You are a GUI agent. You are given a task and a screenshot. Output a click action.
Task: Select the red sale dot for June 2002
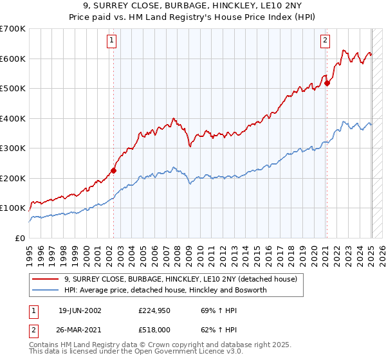(114, 170)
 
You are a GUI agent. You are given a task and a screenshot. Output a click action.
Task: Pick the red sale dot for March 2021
(327, 83)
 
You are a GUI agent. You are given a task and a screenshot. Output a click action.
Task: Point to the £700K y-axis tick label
(13, 29)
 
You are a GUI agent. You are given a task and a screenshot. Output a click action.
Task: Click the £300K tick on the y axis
(13, 148)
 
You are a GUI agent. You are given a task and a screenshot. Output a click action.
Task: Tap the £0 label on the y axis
(19, 238)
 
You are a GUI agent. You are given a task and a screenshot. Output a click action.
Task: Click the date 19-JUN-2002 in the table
(80, 310)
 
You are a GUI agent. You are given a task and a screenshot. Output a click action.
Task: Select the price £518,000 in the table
(153, 329)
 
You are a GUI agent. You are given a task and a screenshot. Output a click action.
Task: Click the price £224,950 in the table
(153, 310)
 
